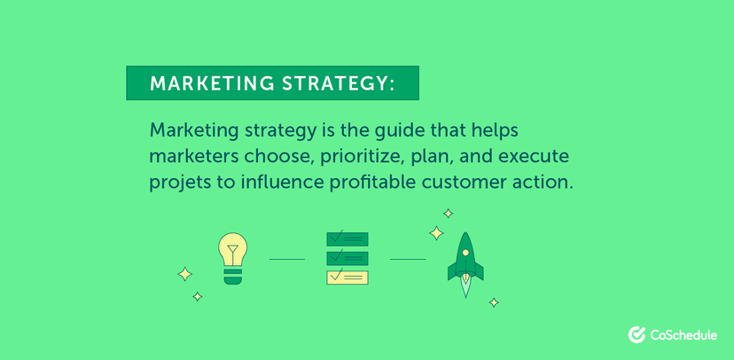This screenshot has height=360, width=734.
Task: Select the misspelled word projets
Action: coord(179,184)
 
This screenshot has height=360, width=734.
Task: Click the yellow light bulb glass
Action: coord(232,247)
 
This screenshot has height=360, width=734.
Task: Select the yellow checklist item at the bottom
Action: coord(347,277)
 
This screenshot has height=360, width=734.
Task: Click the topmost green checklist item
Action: coord(347,239)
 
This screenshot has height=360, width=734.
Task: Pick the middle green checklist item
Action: coord(347,258)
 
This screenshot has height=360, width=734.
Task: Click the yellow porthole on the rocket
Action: coord(465,253)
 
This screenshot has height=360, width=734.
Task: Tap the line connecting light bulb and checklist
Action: coord(286,259)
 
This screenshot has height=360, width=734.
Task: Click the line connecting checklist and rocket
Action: coord(408,259)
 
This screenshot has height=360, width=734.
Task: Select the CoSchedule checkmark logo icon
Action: coord(636,334)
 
